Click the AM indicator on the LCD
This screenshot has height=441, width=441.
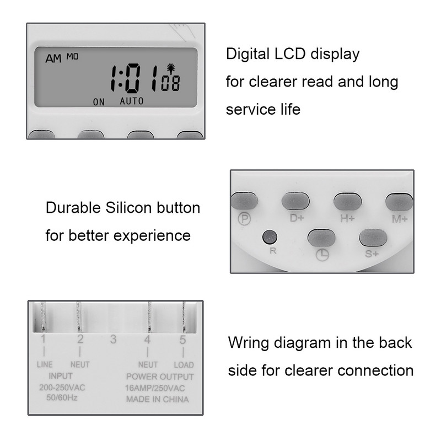tap(54, 58)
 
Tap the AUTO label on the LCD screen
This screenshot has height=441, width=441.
tap(132, 101)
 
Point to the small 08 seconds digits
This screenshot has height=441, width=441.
tap(170, 84)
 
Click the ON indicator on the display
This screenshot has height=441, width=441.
tap(99, 101)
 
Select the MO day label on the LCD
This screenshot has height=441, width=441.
tap(73, 56)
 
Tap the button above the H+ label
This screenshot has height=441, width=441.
tap(347, 202)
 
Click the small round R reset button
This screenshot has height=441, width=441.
tap(270, 237)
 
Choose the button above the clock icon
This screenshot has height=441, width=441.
tap(321, 238)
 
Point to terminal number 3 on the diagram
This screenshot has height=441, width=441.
tap(113, 340)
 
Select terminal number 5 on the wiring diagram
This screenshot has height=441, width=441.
tap(182, 340)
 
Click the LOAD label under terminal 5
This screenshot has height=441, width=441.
tap(184, 365)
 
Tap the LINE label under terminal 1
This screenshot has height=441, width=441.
tap(45, 365)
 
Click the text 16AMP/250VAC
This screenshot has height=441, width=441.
tap(157, 388)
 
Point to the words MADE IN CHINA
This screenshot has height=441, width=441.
tap(157, 399)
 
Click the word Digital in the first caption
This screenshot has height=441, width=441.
tap(246, 54)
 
